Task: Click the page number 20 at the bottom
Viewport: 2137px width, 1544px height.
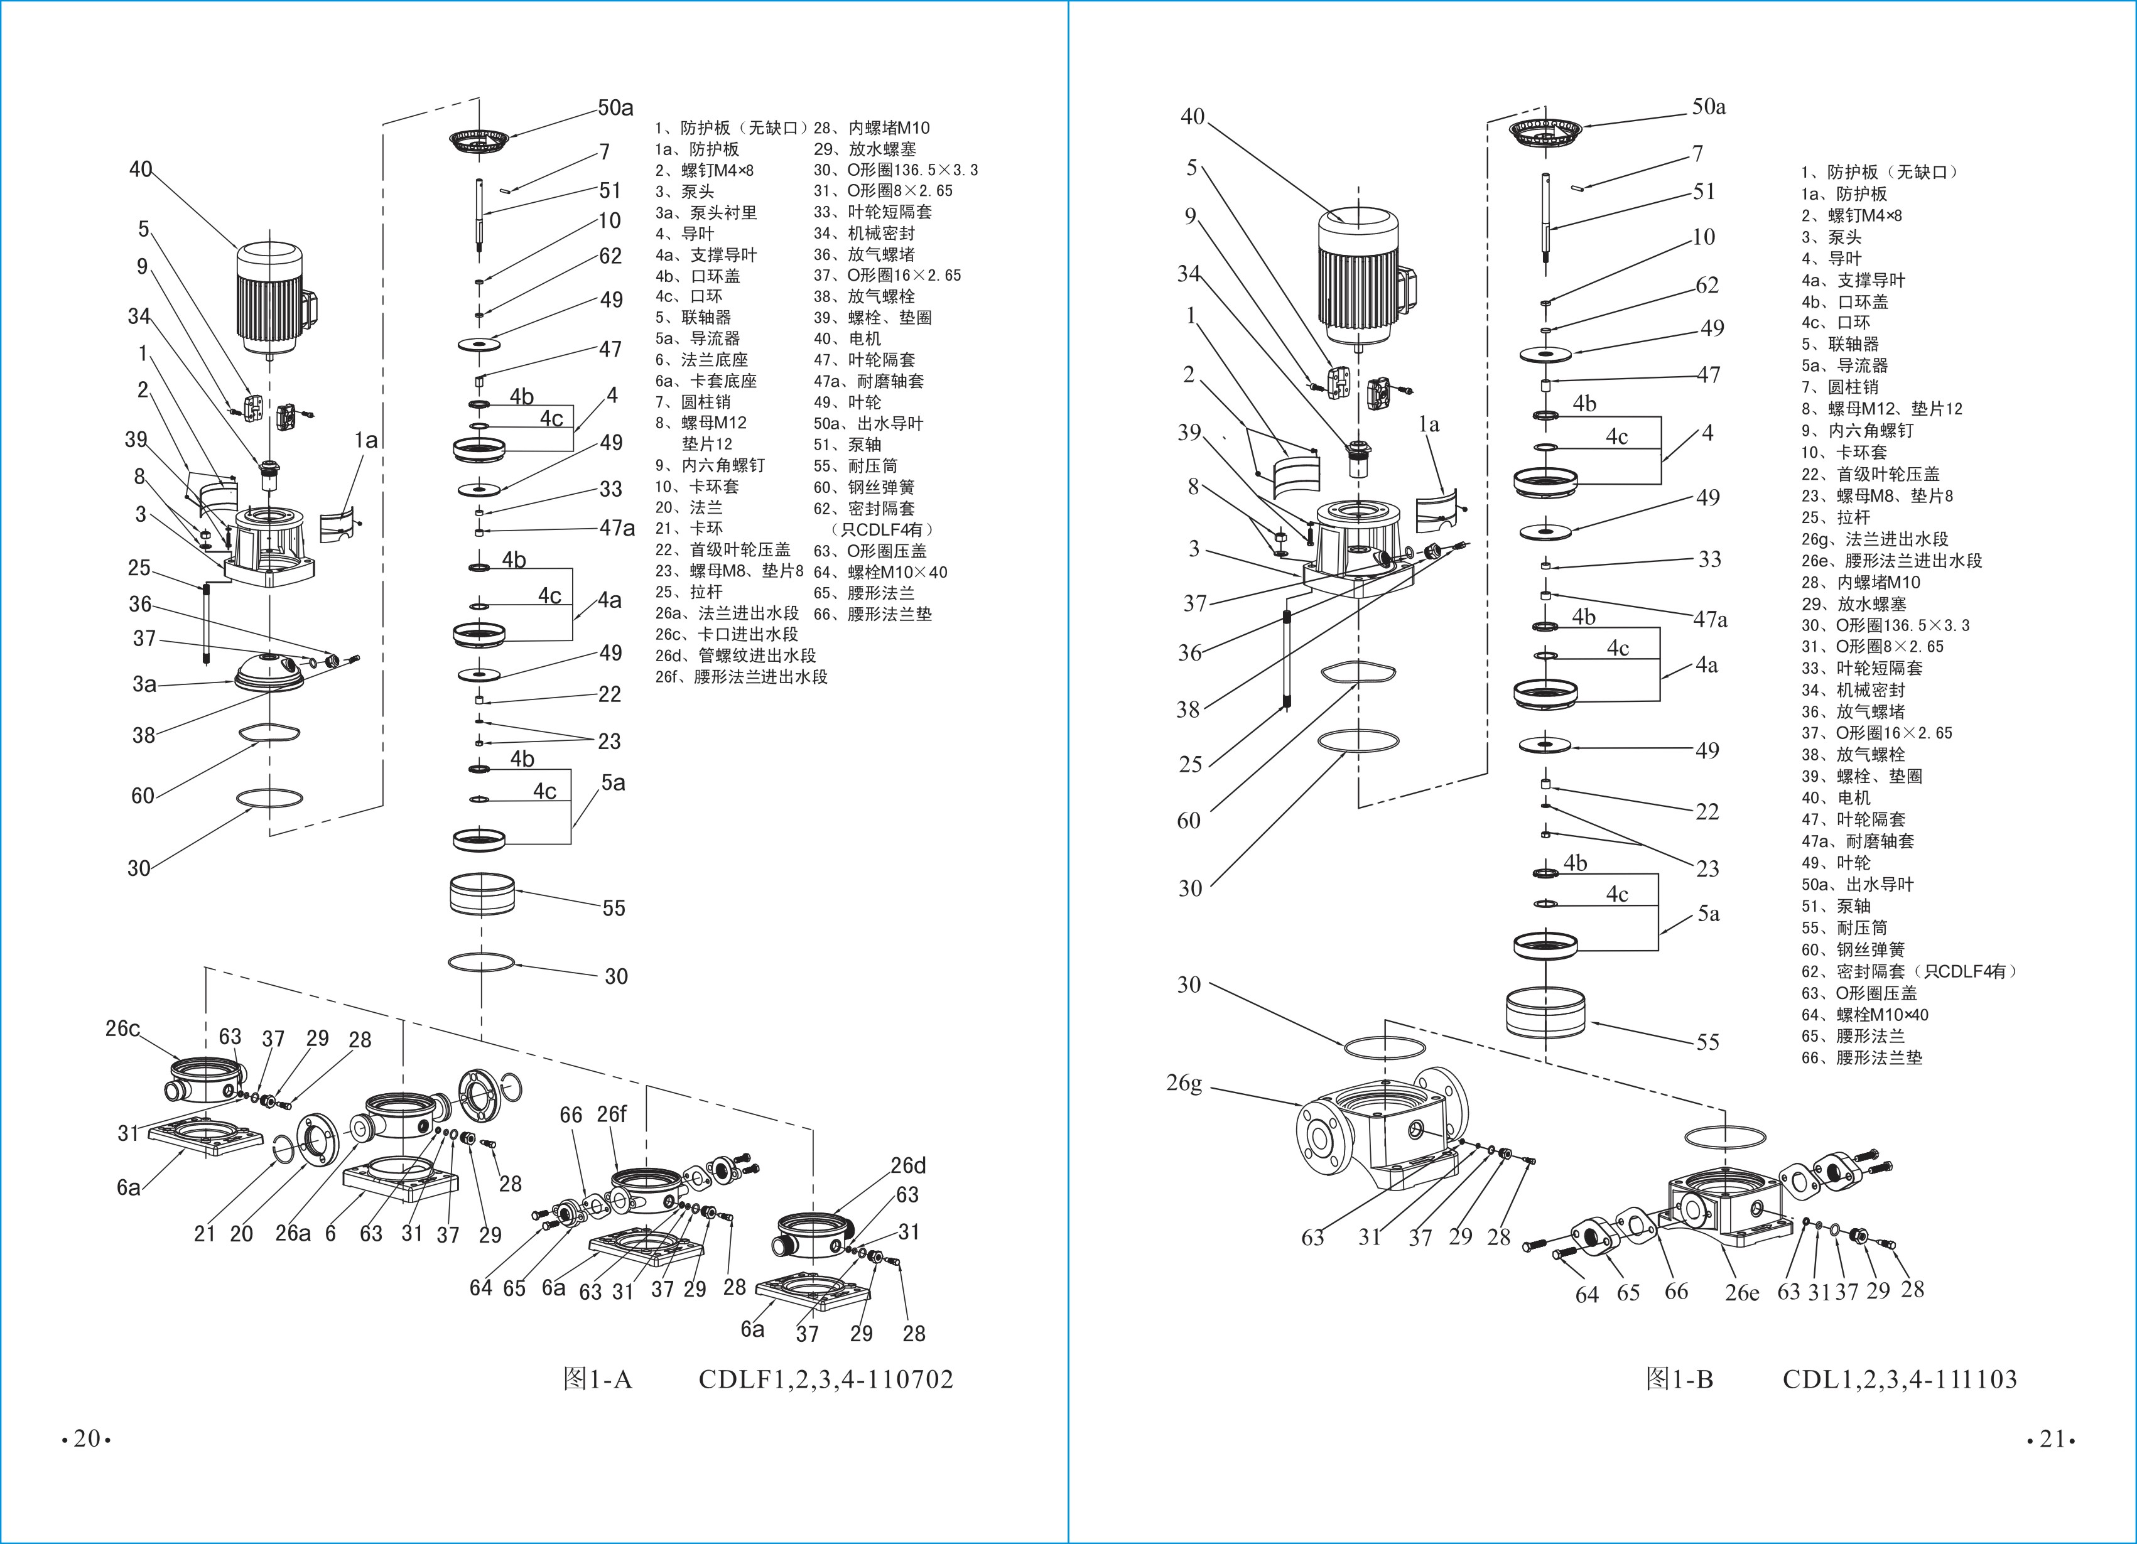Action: coord(87,1439)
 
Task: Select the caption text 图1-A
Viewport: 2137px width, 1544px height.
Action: coord(597,1379)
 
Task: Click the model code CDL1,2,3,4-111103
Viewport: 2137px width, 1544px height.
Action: coord(1900,1379)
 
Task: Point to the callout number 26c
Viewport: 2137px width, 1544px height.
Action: coord(122,1028)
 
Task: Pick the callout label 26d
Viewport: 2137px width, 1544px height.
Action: coord(908,1165)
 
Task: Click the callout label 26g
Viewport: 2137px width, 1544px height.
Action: coord(1184,1083)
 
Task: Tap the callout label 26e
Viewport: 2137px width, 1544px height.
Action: coord(1742,1292)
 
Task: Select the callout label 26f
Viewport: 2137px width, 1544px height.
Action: coord(612,1113)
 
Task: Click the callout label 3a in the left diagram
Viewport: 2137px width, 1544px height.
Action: coord(144,684)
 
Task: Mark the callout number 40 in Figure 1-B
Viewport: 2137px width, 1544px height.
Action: coord(1193,117)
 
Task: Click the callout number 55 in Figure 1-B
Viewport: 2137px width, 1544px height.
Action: coord(1707,1042)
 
